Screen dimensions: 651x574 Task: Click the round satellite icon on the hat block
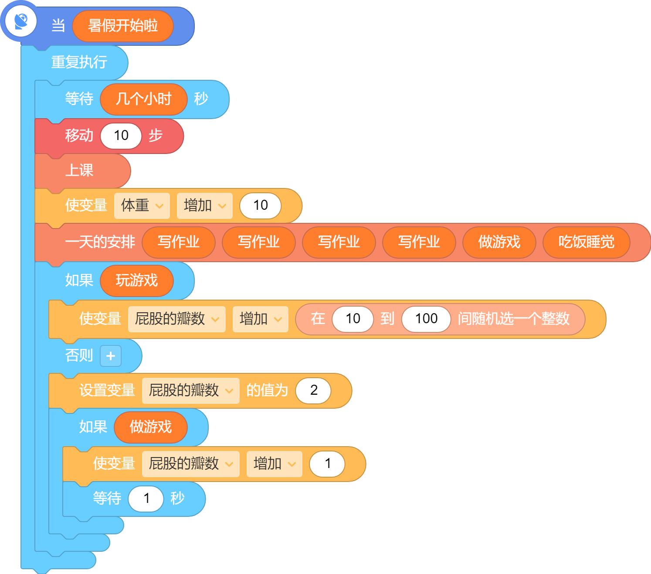pos(21,22)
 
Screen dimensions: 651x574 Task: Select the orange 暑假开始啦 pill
pos(123,26)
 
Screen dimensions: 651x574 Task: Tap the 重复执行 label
pos(79,62)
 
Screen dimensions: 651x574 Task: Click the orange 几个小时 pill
pos(144,99)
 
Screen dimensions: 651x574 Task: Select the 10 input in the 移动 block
pos(121,136)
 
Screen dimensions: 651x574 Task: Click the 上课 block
pos(83,171)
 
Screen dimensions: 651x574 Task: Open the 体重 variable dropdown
pos(142,205)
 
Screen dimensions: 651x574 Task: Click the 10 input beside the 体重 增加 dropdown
pos(260,205)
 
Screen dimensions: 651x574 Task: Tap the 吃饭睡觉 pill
pos(586,242)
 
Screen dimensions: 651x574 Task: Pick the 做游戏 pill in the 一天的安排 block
pos(499,242)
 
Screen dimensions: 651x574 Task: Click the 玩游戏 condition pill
pos(136,280)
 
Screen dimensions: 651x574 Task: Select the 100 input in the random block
pos(426,319)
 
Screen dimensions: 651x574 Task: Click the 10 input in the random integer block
pos(353,319)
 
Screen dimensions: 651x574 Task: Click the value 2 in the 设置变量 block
pos(314,390)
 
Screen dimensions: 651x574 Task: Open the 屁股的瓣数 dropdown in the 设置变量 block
pos(191,391)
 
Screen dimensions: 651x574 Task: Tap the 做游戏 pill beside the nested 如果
pos(151,427)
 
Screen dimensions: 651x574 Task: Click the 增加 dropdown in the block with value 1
pos(275,464)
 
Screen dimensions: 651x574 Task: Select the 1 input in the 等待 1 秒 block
pos(146,499)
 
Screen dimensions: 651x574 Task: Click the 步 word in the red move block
pos(156,136)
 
